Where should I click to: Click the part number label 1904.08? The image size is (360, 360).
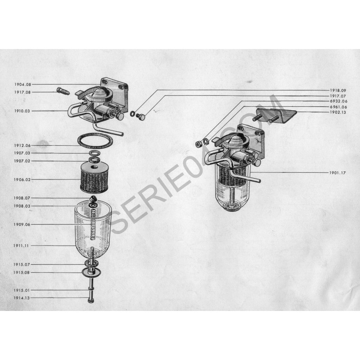pos(22,85)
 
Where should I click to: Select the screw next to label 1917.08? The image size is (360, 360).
pos(63,91)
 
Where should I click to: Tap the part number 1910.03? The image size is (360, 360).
pos(22,111)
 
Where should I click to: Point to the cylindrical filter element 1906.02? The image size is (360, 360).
pos(94,177)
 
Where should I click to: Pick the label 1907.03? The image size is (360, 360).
pos(22,153)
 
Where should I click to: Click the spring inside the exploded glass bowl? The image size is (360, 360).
pos(93,225)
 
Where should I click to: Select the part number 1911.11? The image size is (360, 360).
pos(21,246)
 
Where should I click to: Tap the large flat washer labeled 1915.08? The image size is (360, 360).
pos(92,272)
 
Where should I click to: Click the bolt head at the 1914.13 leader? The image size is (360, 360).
pos(91,300)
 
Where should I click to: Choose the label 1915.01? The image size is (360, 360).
pos(22,290)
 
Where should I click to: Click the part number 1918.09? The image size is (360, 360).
pos(338,90)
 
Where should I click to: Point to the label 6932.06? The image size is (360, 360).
pos(339,101)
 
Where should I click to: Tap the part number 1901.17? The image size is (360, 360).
pos(337,173)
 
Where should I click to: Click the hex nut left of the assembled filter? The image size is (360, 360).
pos(198,144)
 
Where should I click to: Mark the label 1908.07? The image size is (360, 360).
pos(22,198)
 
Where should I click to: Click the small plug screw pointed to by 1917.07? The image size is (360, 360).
pos(140,117)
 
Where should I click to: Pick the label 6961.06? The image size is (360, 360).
pos(339,107)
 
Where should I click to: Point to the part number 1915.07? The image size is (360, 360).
pos(22,265)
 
